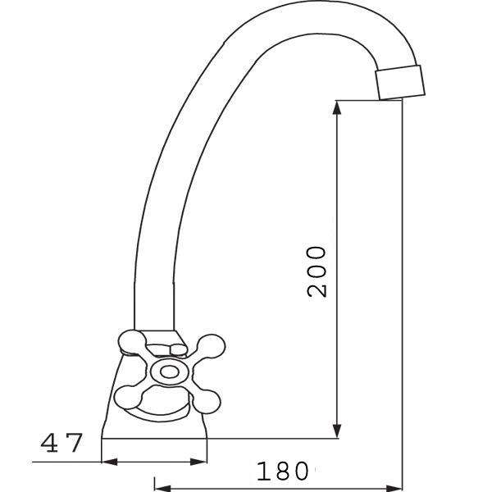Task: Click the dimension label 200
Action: [317, 271]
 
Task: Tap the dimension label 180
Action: [282, 471]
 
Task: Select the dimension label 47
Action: [61, 443]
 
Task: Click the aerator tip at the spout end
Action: [400, 83]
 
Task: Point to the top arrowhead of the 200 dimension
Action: [337, 107]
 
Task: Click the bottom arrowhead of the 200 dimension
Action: [337, 430]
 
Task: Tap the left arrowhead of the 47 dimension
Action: [109, 462]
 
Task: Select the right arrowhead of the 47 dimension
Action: [198, 462]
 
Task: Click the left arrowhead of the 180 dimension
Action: [162, 489]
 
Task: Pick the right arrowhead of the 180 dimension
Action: [394, 489]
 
